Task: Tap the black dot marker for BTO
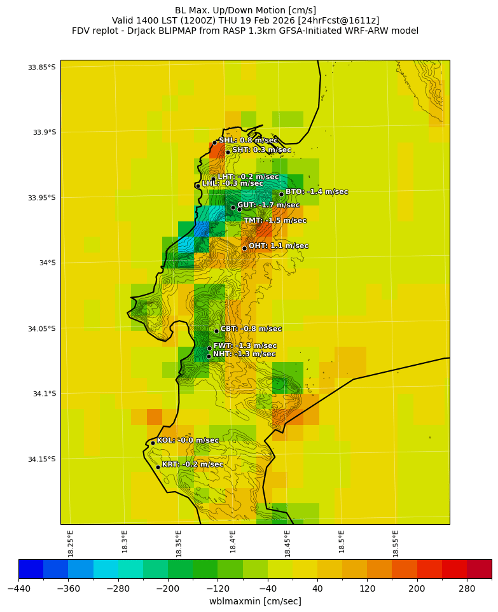[281, 195]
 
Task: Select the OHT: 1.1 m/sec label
[278, 246]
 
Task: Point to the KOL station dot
[153, 443]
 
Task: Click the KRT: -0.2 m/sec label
[192, 465]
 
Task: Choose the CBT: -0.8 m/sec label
[251, 330]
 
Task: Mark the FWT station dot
[209, 348]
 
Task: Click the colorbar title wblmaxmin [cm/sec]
[255, 602]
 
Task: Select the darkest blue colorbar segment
[31, 569]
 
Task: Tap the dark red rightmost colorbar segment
[479, 569]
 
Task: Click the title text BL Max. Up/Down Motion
[246, 10]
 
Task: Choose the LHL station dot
[198, 186]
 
